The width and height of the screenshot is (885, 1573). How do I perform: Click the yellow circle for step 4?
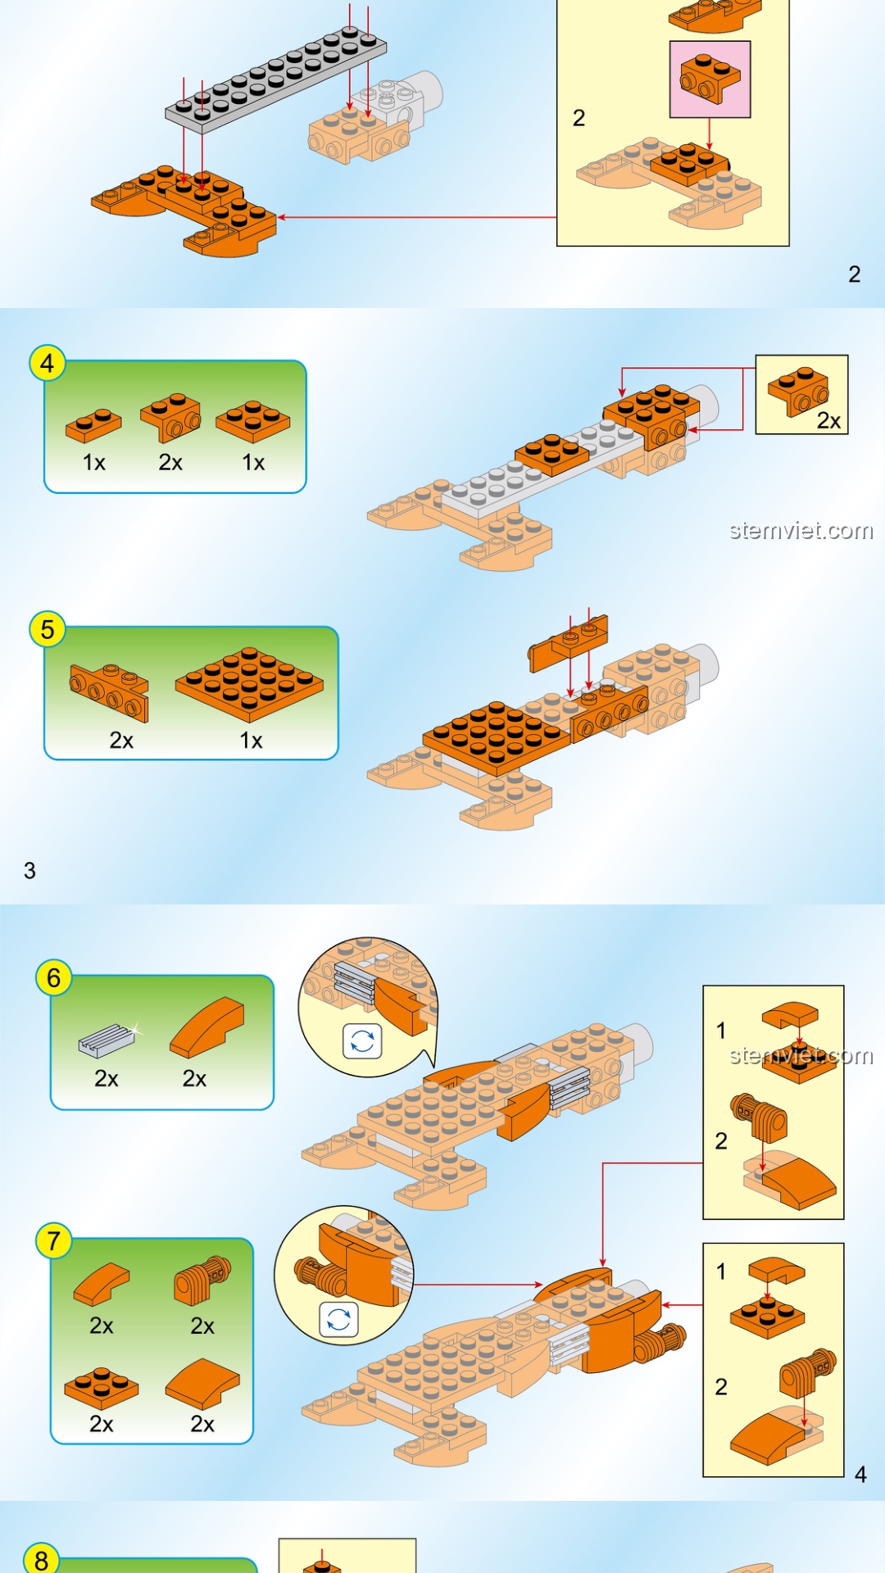coord(48,363)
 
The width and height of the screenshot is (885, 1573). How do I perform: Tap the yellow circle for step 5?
coord(48,629)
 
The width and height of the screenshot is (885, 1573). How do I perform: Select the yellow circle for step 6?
coord(54,977)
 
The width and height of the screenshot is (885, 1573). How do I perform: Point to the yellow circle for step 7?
coord(54,1240)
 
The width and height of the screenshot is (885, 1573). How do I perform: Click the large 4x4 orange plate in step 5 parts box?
coord(249,683)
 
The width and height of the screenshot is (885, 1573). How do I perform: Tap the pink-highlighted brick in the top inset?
coord(710,79)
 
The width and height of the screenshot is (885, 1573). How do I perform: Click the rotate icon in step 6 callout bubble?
coord(362,1041)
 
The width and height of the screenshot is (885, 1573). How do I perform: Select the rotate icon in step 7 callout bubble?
coord(338,1319)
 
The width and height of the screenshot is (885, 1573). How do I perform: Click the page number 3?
coord(29,870)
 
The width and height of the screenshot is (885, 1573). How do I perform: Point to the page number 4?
coord(860,1475)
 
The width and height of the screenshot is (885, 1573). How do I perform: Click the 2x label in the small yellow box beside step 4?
coord(828,421)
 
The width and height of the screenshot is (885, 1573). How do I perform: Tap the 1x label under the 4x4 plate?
coord(251,741)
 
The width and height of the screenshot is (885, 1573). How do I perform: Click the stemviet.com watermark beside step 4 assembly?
coord(801,531)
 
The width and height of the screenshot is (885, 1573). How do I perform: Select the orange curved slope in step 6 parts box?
coord(207,1026)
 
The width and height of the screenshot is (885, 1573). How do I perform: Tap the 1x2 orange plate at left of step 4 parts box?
coord(93,424)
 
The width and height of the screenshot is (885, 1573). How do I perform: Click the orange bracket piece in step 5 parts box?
coord(110,691)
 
